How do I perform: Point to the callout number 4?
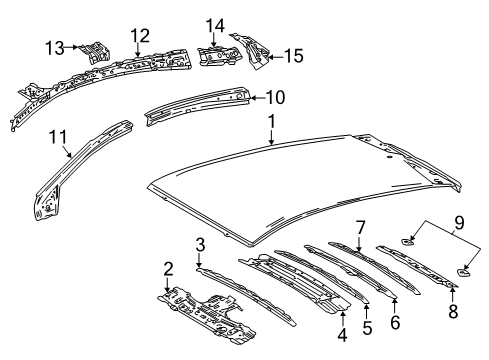343,347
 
